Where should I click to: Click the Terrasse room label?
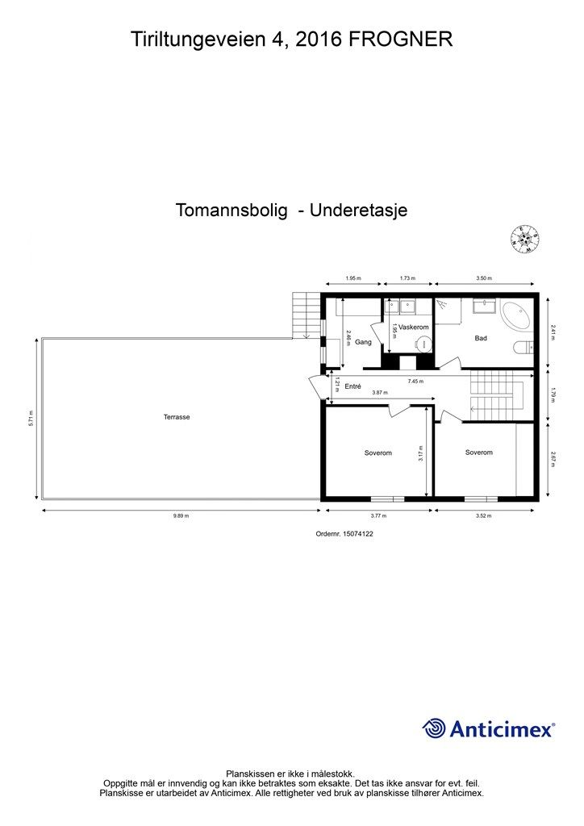(176, 417)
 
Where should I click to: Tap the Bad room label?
(481, 338)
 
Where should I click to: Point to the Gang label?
(362, 342)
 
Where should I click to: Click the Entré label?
(352, 386)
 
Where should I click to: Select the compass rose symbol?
(525, 238)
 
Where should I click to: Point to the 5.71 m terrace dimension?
(30, 418)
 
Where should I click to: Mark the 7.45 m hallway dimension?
(415, 381)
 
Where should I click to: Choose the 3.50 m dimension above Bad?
(484, 278)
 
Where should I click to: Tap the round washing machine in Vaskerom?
(423, 344)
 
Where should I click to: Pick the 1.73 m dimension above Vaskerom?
(407, 278)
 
